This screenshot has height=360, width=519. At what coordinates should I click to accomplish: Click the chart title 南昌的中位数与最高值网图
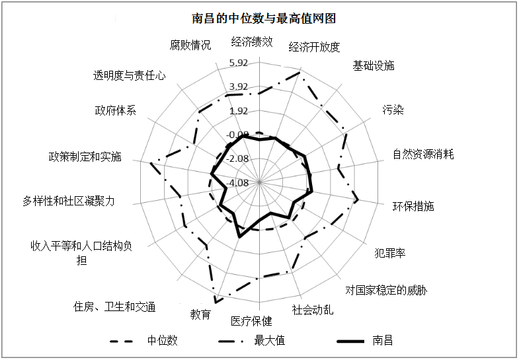(264, 18)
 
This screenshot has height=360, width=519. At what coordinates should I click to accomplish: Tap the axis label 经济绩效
(252, 42)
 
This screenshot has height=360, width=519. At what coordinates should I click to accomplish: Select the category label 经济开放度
(314, 47)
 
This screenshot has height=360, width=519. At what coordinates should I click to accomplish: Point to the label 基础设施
(374, 65)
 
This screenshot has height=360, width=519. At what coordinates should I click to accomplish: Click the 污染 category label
(393, 110)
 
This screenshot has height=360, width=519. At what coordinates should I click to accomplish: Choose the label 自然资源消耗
(423, 154)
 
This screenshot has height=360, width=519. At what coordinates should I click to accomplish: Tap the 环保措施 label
(413, 206)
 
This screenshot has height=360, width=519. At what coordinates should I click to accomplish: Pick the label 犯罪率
(390, 253)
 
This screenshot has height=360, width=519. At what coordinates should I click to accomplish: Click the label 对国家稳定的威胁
(386, 290)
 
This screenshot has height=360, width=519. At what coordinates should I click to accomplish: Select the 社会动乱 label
(313, 310)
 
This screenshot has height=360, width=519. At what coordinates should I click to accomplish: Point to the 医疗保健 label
(251, 320)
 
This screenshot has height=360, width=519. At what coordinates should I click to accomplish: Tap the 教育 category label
(200, 314)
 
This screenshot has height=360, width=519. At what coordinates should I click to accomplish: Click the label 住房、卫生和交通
(114, 306)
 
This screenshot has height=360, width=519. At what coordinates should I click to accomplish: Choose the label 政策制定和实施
(85, 157)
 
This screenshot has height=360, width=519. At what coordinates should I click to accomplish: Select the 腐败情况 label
(190, 45)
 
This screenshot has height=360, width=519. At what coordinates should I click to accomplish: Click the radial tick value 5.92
(239, 63)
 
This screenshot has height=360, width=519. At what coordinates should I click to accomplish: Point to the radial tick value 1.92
(239, 111)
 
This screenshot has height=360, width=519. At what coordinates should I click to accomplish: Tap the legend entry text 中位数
(163, 340)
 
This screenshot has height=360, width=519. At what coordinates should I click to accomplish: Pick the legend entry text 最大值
(270, 340)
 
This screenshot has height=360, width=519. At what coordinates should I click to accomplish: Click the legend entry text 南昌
(382, 340)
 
